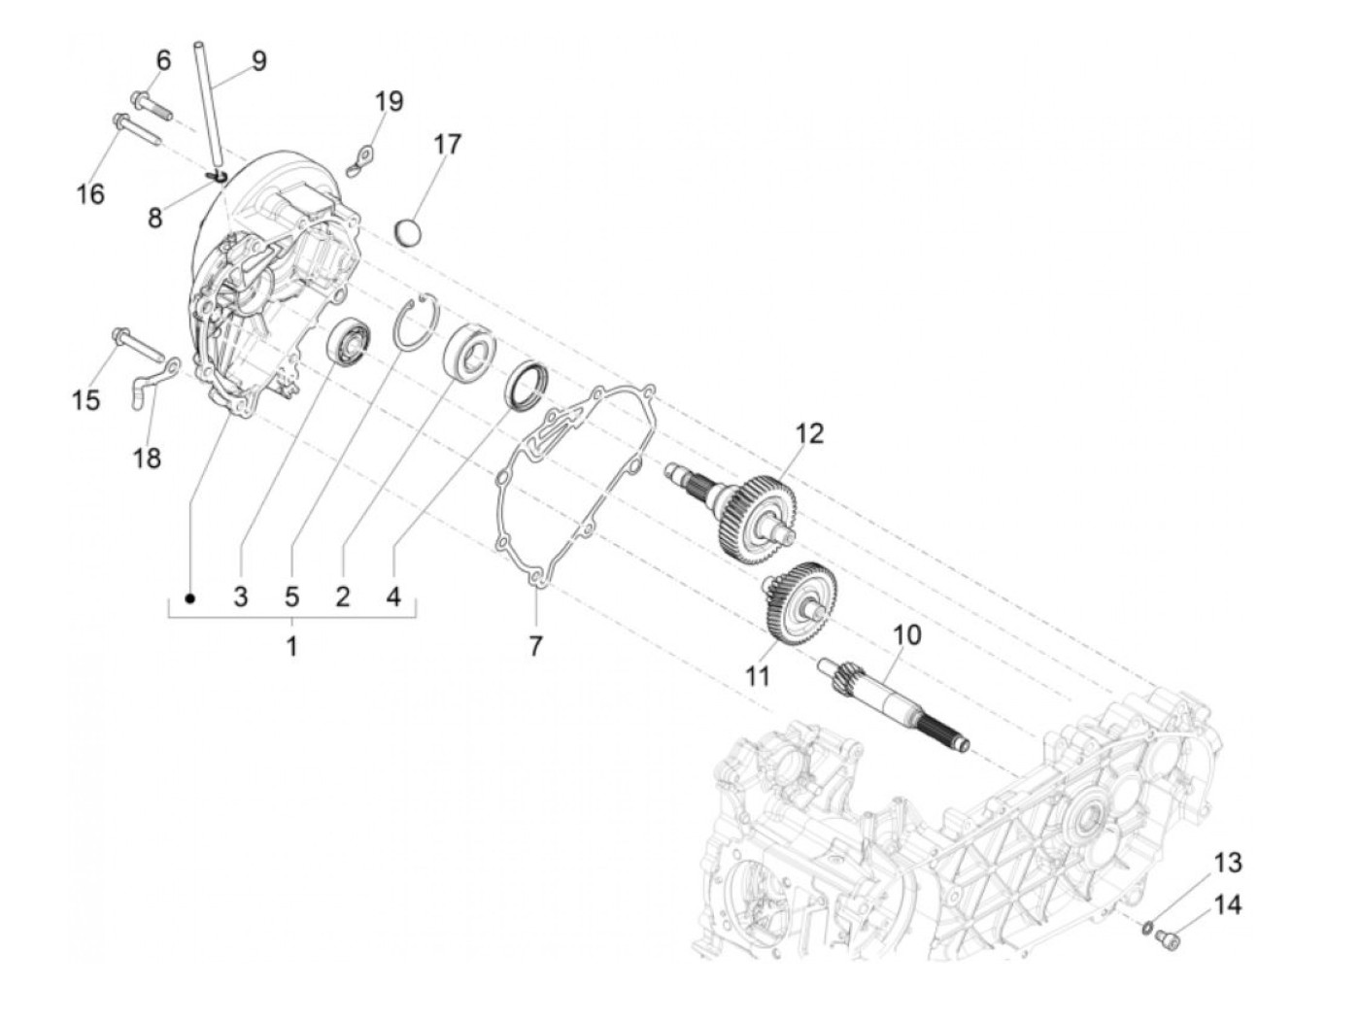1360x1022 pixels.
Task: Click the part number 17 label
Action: tap(447, 145)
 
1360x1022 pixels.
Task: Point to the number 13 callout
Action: tap(1228, 863)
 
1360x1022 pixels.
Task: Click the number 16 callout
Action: tap(90, 194)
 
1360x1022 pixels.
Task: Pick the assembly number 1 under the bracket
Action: tap(291, 645)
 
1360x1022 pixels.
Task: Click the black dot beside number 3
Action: tap(190, 597)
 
